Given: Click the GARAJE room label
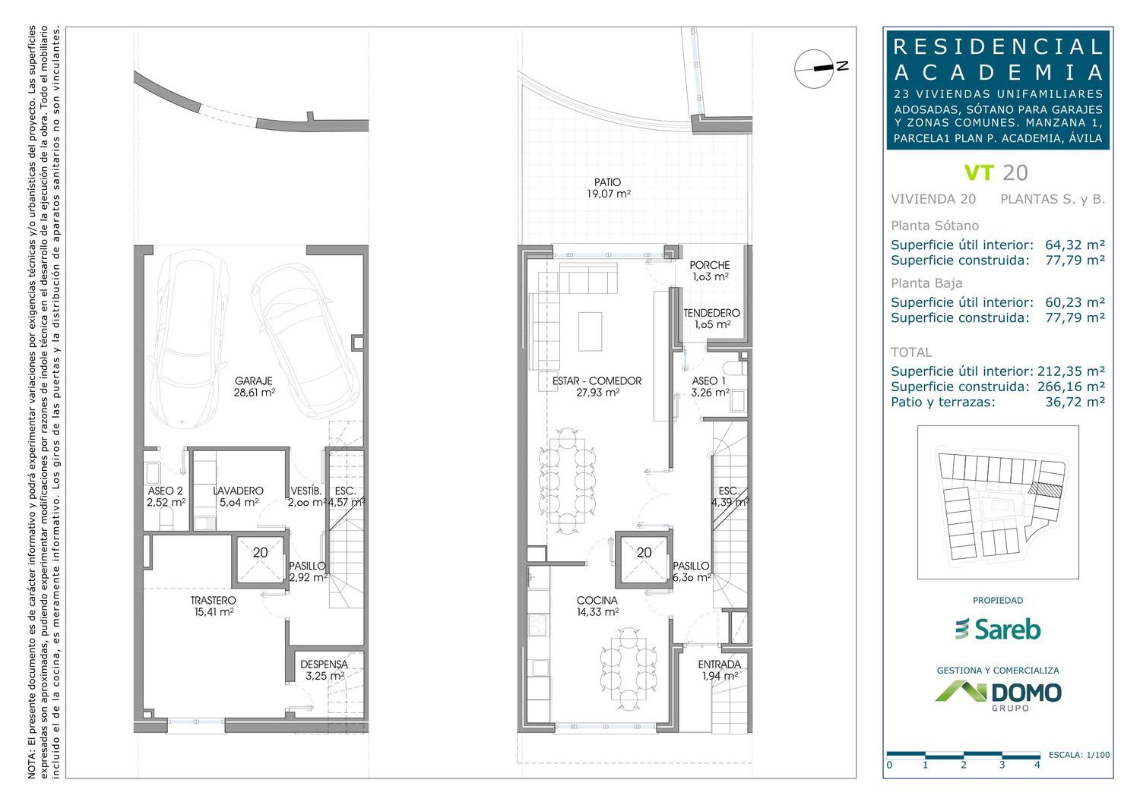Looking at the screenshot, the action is pyautogui.click(x=253, y=381).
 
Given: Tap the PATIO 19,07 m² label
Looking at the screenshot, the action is pyautogui.click(x=608, y=188).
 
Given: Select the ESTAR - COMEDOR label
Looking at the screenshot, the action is pyautogui.click(x=597, y=381).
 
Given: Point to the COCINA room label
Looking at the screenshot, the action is pyautogui.click(x=597, y=601).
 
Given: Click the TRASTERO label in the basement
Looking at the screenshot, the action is pyautogui.click(x=214, y=601).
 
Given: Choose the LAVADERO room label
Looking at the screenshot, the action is pyautogui.click(x=238, y=491).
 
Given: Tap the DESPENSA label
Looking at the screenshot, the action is pyautogui.click(x=325, y=665).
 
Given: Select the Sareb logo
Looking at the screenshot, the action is pyautogui.click(x=997, y=629).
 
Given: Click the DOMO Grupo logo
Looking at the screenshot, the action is pyautogui.click(x=998, y=695).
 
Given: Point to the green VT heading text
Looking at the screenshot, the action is pyautogui.click(x=979, y=173).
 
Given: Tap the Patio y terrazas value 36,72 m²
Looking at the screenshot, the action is pyautogui.click(x=1075, y=402).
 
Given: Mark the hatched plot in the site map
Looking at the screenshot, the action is pyautogui.click(x=1045, y=489).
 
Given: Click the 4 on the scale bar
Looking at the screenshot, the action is pyautogui.click(x=1037, y=765).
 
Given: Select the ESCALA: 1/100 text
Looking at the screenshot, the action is pyautogui.click(x=1079, y=755).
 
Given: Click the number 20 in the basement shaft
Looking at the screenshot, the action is pyautogui.click(x=260, y=552).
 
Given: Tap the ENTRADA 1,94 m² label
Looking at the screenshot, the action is pyautogui.click(x=719, y=670).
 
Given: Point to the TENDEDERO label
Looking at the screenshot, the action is pyautogui.click(x=711, y=313).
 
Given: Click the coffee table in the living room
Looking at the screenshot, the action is pyautogui.click(x=591, y=332).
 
